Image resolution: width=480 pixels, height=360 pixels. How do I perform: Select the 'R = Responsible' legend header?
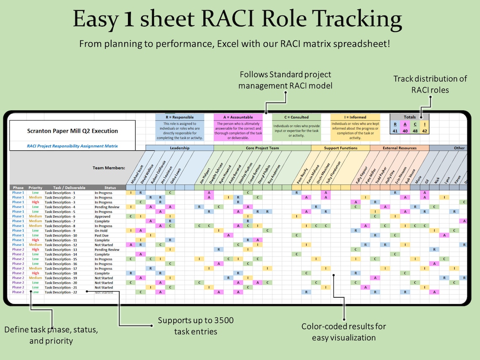[179, 117]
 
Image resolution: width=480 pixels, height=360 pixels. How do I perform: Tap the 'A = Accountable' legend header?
[238, 117]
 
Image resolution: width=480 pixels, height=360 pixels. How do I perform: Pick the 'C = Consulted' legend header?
[296, 117]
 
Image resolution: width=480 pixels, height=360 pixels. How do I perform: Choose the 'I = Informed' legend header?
[355, 117]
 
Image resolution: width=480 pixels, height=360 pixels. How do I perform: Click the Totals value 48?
[415, 131]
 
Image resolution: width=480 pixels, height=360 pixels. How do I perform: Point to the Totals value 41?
[395, 131]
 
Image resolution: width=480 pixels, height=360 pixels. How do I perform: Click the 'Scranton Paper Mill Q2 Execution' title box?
[72, 131]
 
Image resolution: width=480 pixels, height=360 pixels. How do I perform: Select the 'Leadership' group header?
[180, 148]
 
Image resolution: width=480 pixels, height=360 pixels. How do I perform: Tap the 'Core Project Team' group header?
[262, 148]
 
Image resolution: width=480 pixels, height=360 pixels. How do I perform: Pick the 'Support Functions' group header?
[341, 148]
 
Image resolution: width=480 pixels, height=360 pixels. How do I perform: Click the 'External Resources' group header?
[400, 148]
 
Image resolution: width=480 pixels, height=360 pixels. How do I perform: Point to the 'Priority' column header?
[35, 187]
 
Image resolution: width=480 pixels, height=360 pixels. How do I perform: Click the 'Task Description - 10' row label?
[61, 235]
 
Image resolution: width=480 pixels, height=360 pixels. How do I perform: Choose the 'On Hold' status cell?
[101, 231]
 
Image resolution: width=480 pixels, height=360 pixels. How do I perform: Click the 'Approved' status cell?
[102, 216]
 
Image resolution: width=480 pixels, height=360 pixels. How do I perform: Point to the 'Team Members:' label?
[109, 168]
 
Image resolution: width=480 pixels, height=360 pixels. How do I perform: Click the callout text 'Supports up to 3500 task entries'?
[196, 326]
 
